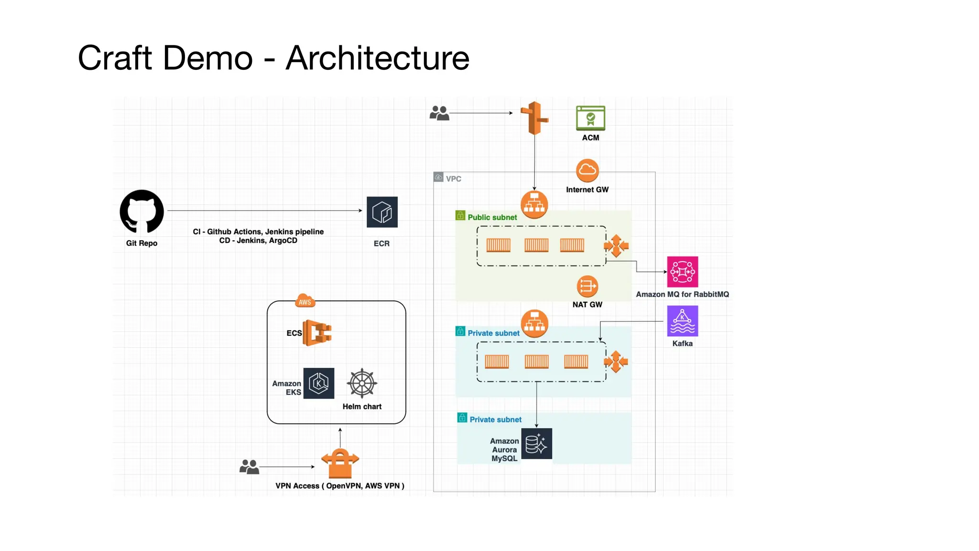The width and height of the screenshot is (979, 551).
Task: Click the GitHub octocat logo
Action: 141,212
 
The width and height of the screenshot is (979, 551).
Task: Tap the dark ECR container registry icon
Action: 382,212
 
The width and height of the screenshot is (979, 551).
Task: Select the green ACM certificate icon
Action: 590,118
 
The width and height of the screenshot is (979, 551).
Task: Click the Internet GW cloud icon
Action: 587,171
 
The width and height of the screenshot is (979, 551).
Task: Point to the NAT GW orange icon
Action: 587,287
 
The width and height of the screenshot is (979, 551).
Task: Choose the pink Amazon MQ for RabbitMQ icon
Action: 682,272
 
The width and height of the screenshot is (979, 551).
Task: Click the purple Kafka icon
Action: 682,321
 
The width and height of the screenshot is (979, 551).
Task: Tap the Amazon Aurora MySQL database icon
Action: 536,444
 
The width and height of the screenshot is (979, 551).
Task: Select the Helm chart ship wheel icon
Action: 362,383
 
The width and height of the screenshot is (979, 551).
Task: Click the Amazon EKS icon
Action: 319,383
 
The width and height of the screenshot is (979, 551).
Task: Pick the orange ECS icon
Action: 317,333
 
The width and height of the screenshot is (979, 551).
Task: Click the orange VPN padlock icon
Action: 340,463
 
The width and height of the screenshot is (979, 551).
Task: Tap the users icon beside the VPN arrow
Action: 249,466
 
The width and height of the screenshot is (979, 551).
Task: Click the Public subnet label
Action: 492,217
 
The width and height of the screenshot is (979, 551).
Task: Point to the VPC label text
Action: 453,179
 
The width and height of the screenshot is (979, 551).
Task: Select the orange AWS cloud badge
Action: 305,301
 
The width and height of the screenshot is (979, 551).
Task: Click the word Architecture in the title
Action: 378,58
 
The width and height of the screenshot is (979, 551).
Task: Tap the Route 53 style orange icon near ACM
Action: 534,118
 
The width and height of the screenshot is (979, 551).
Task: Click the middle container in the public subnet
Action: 536,245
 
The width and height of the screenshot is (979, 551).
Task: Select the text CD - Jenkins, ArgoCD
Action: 258,241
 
